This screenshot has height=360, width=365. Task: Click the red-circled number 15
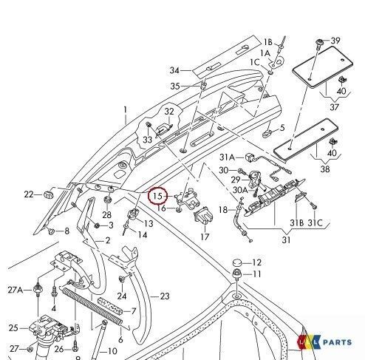(157, 196)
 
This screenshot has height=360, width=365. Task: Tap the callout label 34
(174, 70)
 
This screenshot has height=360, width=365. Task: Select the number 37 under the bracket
(334, 107)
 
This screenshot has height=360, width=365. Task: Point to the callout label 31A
(227, 157)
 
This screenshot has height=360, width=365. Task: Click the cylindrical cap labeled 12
(238, 262)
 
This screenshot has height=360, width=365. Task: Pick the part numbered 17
(204, 216)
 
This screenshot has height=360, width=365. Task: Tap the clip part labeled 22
(49, 194)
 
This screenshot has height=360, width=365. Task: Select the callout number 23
(165, 296)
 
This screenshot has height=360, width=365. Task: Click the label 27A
(16, 290)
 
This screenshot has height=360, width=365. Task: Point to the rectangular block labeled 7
(110, 307)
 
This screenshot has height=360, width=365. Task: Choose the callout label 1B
(268, 42)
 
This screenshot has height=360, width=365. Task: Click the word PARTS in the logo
(337, 342)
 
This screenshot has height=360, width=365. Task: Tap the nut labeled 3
(97, 225)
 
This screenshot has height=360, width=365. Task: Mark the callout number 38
(325, 169)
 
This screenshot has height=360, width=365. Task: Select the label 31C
(315, 223)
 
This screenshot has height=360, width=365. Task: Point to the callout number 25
(13, 328)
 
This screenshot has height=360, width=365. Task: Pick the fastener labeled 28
(107, 199)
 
